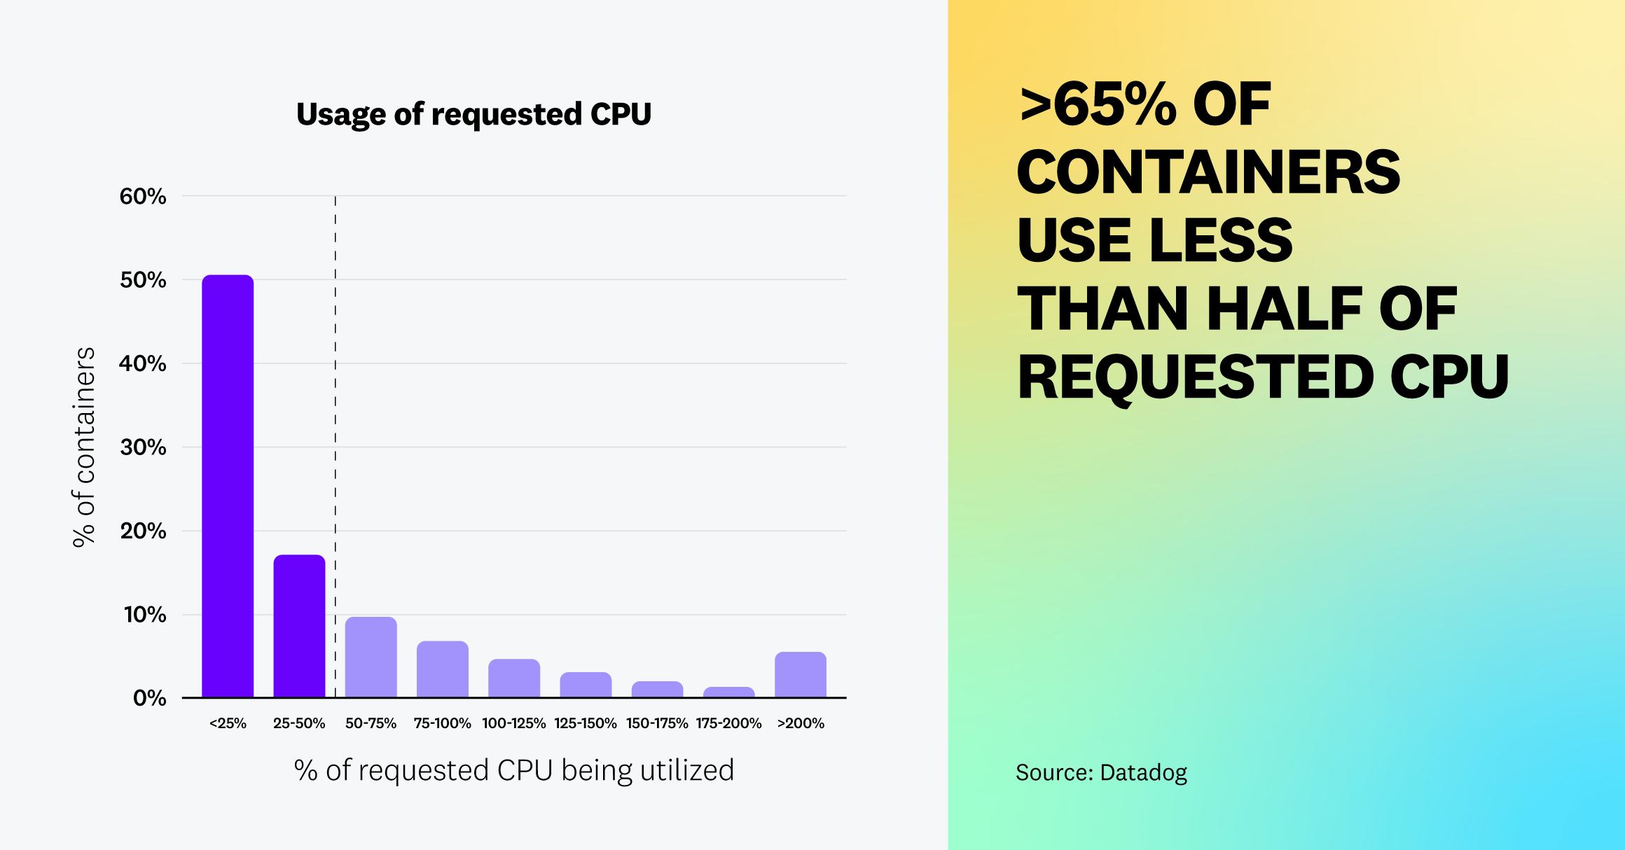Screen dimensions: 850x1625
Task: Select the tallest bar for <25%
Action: (228, 487)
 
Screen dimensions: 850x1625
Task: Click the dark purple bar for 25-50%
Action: (299, 627)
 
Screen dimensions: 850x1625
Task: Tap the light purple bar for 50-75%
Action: (371, 657)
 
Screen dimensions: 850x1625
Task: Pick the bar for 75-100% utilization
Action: (442, 669)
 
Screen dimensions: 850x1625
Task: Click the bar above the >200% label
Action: (800, 675)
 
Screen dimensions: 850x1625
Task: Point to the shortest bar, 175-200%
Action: (728, 692)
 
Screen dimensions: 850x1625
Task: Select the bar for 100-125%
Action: (513, 678)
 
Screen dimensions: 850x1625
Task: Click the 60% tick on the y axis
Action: (143, 197)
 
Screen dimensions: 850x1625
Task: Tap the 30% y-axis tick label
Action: (143, 447)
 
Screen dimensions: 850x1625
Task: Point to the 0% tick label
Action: (149, 698)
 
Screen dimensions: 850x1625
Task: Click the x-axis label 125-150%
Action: (586, 723)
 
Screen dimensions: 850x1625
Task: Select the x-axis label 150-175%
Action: (657, 723)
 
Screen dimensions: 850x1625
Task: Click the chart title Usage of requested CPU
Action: (473, 114)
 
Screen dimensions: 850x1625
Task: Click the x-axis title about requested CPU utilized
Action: (514, 770)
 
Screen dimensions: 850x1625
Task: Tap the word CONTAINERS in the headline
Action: (1208, 172)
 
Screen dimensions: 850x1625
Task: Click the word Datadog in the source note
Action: (1143, 772)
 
